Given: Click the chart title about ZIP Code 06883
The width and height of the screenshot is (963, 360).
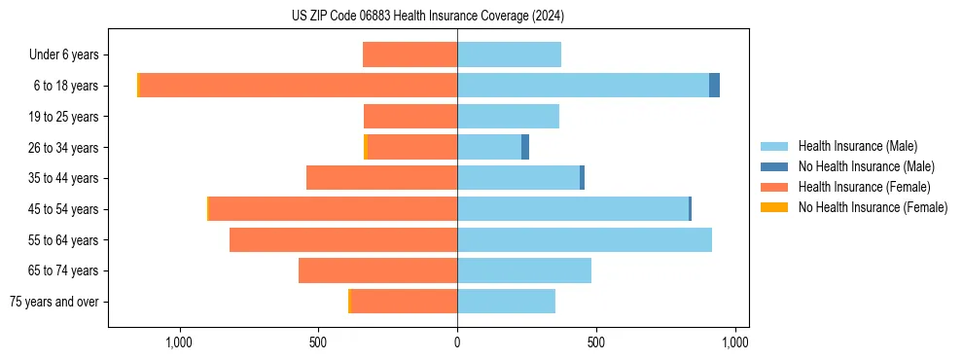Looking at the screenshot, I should tap(428, 16).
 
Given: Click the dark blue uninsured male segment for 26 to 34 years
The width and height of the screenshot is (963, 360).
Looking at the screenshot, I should tap(525, 147).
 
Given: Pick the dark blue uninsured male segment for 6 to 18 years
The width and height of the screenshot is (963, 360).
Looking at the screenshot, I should tap(714, 86).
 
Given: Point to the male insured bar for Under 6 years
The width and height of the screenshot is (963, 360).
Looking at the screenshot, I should tap(509, 54).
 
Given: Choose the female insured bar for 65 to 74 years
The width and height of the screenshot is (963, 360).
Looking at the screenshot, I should tap(377, 270).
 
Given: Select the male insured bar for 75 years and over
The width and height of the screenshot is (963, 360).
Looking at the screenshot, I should tap(506, 302).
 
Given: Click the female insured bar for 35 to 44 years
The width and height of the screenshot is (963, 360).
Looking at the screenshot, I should tap(381, 178).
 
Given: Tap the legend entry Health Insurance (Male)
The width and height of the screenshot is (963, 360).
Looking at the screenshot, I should tap(857, 146).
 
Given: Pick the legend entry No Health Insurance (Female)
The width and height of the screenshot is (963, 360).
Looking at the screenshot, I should tap(873, 207).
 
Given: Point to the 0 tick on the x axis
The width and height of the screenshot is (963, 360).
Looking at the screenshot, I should tap(457, 342).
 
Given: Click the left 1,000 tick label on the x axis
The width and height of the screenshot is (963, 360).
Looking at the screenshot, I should tap(179, 342).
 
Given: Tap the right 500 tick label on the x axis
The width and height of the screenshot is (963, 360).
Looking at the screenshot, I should tap(596, 342).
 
